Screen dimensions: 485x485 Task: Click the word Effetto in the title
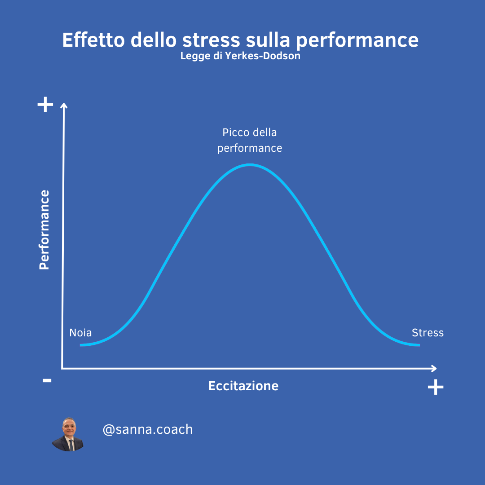pyautogui.click(x=93, y=40)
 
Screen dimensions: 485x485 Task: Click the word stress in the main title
pyautogui.click(x=211, y=40)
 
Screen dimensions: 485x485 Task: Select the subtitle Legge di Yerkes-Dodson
pyautogui.click(x=240, y=56)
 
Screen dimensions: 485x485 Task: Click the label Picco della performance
pyautogui.click(x=250, y=141)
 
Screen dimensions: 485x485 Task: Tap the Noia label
pyautogui.click(x=80, y=333)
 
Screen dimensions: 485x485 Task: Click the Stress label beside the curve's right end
pyautogui.click(x=428, y=333)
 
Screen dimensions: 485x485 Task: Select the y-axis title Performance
pyautogui.click(x=44, y=230)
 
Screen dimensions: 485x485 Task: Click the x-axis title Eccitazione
pyautogui.click(x=243, y=386)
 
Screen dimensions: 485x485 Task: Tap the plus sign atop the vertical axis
pyautogui.click(x=45, y=105)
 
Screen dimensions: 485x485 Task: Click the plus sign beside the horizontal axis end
pyautogui.click(x=436, y=387)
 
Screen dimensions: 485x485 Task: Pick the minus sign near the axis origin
pyautogui.click(x=47, y=380)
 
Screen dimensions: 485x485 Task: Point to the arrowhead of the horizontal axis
pyautogui.click(x=434, y=368)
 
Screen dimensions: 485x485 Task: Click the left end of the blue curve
pyautogui.click(x=80, y=345)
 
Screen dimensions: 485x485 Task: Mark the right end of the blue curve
pyautogui.click(x=419, y=345)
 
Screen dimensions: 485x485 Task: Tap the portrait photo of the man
pyautogui.click(x=68, y=434)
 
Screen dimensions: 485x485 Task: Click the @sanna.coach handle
pyautogui.click(x=148, y=430)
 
